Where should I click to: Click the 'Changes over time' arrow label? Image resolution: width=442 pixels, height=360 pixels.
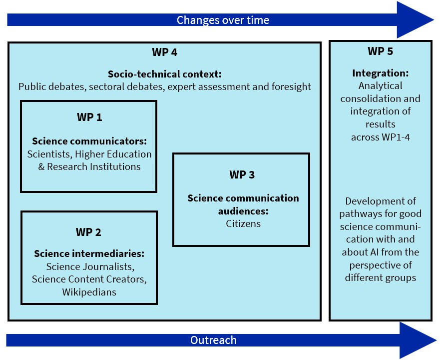pyautogui.click(x=223, y=20)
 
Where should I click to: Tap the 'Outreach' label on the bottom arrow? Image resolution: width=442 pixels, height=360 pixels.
pyautogui.click(x=213, y=340)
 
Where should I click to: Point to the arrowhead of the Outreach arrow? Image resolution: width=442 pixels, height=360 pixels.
pyautogui.click(x=417, y=340)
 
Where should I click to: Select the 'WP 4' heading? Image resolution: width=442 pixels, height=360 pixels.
pyautogui.click(x=164, y=52)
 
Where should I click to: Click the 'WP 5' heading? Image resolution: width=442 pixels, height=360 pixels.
pyautogui.click(x=381, y=51)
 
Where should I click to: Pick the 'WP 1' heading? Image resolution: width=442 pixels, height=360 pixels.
pyautogui.click(x=89, y=117)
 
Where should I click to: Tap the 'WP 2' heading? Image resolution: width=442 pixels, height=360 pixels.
pyautogui.click(x=88, y=232)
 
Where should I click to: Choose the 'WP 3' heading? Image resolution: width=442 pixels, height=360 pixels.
pyautogui.click(x=242, y=174)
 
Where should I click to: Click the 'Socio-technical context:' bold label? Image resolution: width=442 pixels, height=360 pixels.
pyautogui.click(x=164, y=74)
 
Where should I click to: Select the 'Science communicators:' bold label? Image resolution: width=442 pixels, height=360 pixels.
pyautogui.click(x=89, y=141)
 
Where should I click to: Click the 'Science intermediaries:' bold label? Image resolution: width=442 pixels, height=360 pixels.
pyautogui.click(x=89, y=254)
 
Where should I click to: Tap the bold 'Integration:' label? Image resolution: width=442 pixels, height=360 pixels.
pyautogui.click(x=381, y=73)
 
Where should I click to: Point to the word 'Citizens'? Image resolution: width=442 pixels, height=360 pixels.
pyautogui.click(x=243, y=223)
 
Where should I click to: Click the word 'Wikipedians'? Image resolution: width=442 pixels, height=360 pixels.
pyautogui.click(x=89, y=292)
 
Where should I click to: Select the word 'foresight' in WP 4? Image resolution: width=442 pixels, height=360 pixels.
pyautogui.click(x=291, y=86)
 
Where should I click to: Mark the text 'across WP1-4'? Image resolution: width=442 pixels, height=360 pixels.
pyautogui.click(x=381, y=137)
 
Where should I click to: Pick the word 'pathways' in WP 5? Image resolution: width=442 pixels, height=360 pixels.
pyautogui.click(x=358, y=214)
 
